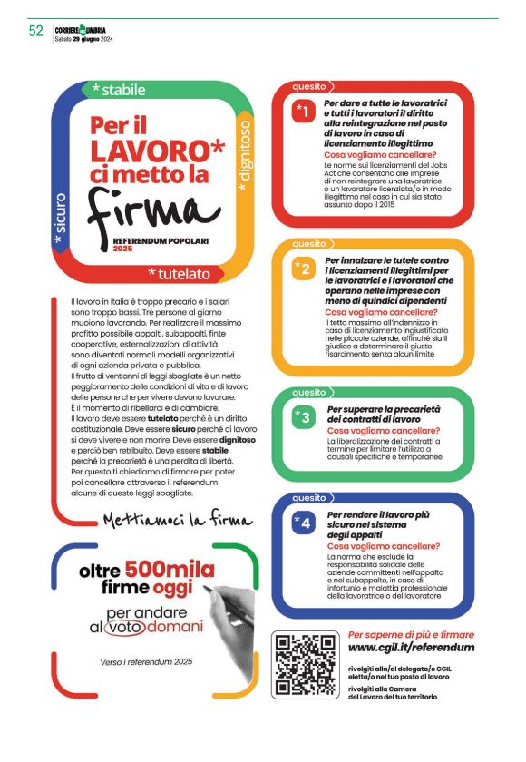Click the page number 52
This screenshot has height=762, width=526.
point(36,30)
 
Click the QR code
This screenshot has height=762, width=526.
point(306,666)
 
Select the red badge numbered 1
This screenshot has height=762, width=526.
point(305,112)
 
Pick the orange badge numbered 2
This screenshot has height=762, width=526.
point(305,269)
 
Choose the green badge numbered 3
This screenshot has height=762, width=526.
point(305,416)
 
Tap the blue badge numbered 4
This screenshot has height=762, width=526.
point(305,523)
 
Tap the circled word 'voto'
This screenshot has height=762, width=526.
point(126,628)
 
